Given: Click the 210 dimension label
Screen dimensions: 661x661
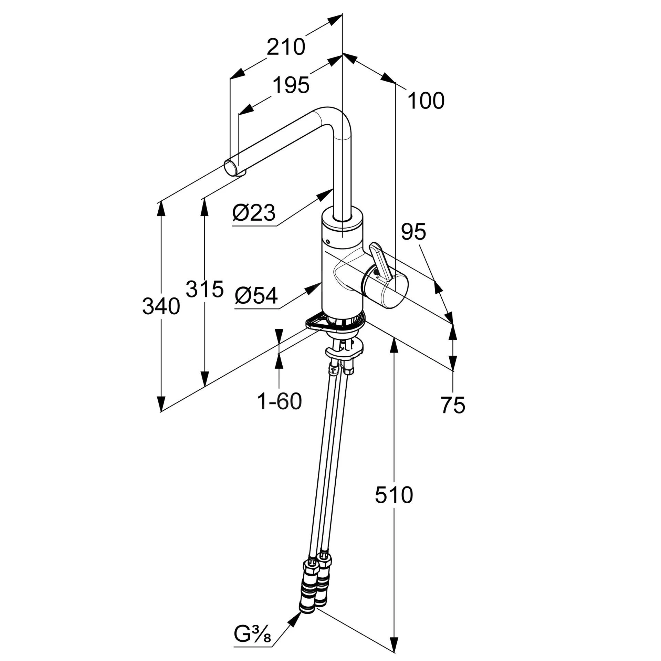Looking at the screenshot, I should [286, 47].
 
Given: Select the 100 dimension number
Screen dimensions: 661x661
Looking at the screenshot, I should [426, 101].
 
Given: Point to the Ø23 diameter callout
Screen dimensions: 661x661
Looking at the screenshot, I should [254, 213].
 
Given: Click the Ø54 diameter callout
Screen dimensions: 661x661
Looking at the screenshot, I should [256, 295].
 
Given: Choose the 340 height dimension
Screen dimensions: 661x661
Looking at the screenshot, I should [161, 306].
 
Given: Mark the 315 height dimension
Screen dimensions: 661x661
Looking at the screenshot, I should [204, 289].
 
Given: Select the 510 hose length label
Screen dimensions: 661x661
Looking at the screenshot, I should [394, 495].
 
